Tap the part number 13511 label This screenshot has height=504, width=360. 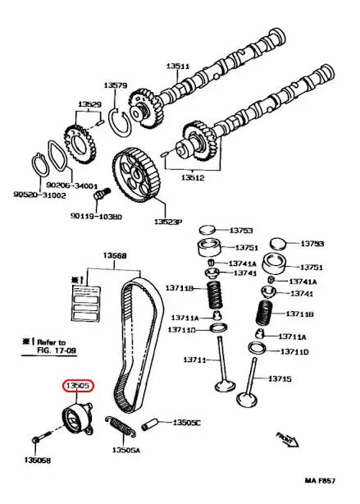(x=178, y=66)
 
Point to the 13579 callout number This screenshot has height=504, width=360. (x=115, y=85)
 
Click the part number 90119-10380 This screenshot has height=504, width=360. (x=95, y=217)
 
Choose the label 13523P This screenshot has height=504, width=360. (x=168, y=222)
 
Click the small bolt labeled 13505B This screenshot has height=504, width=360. (x=40, y=442)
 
